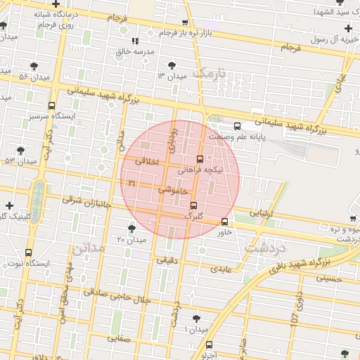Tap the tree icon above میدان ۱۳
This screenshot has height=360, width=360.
pos(172,64)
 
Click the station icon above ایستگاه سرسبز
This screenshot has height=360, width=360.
pos(51,105)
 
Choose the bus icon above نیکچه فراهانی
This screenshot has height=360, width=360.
pos(200,159)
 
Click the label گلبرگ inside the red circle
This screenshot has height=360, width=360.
pos(193,216)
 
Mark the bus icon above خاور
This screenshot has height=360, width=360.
pos(224,221)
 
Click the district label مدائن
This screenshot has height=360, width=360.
pos(88,247)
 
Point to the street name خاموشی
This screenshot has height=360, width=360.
pos(172,190)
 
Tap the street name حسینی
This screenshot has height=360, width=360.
pos(328,278)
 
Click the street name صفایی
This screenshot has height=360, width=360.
pos(119,337)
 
